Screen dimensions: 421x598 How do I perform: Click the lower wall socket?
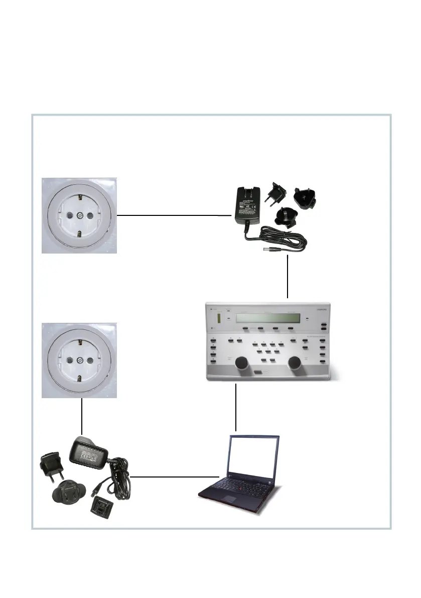(x=79, y=360)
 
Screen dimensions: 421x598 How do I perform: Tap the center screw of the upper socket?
(x=79, y=216)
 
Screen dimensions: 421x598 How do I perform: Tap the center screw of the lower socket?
(x=79, y=361)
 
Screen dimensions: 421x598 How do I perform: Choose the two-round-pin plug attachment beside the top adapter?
(x=276, y=193)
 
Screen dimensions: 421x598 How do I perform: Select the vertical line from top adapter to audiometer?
(x=288, y=276)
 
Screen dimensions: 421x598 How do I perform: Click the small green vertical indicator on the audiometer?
(x=219, y=319)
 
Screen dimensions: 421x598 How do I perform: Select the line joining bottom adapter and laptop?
(x=176, y=476)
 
